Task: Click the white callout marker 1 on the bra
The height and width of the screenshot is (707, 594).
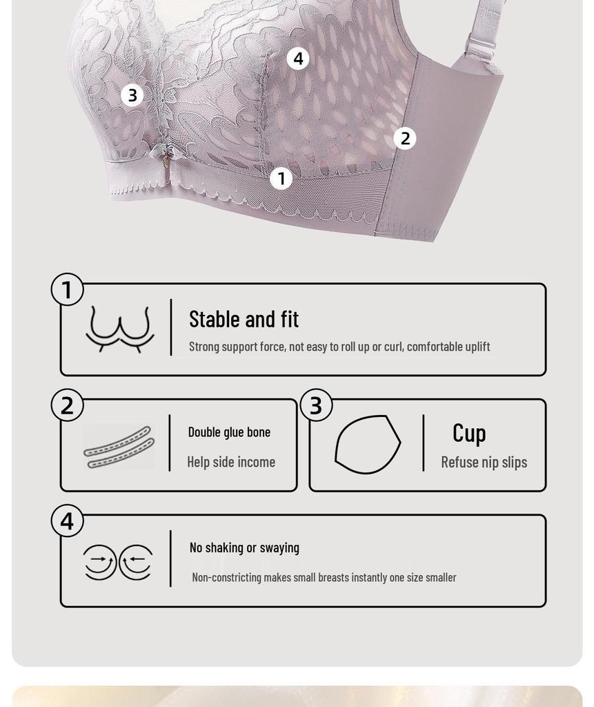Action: [281, 179]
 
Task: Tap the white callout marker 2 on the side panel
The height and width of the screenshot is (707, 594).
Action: [405, 138]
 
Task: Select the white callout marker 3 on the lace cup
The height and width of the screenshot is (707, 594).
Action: [132, 95]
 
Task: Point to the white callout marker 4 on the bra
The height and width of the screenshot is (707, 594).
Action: [298, 59]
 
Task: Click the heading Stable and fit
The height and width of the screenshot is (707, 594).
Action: [244, 319]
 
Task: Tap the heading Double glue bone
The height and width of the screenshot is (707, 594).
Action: [229, 432]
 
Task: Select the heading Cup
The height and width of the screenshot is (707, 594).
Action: [469, 433]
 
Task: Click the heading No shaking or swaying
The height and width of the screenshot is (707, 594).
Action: [244, 548]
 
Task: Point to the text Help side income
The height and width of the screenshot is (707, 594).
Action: [231, 462]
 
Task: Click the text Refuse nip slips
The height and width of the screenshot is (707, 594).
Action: [484, 462]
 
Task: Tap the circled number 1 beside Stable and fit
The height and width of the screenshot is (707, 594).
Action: [67, 290]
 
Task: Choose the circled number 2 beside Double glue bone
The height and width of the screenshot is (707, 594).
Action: [67, 405]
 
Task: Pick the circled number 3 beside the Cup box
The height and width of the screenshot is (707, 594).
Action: [316, 405]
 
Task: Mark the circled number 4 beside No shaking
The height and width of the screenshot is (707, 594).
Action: [67, 521]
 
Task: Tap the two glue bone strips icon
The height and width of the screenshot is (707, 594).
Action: [119, 447]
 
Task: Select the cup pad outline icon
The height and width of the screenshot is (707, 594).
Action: [368, 445]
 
